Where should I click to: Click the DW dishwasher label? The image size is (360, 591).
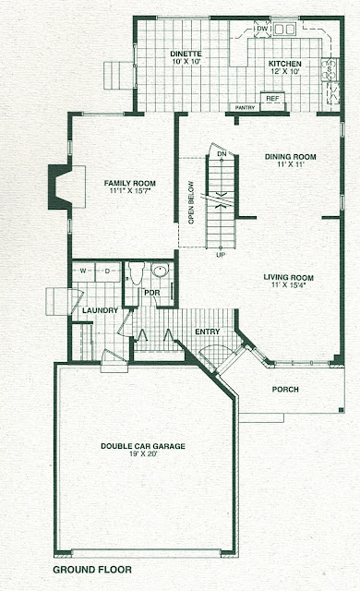[x=262, y=29]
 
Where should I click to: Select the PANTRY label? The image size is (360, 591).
[x=246, y=108]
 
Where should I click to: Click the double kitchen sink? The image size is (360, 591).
[x=284, y=29]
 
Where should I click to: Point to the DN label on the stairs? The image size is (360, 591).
[x=222, y=154]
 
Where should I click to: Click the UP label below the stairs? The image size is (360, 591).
[x=221, y=255]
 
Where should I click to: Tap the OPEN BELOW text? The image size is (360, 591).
[x=191, y=203]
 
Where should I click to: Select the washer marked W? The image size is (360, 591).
[x=83, y=271]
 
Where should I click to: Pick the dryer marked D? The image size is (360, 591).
[x=107, y=271]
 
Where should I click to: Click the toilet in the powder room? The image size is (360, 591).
[x=136, y=273]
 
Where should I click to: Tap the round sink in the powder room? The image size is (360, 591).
[x=161, y=271]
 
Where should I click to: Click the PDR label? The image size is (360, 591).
[x=152, y=293]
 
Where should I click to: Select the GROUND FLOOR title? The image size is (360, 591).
[x=92, y=570]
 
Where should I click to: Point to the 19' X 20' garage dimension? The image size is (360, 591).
[x=143, y=454]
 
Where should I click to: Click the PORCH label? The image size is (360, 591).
[x=285, y=390]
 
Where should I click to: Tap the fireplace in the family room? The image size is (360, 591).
[x=64, y=187]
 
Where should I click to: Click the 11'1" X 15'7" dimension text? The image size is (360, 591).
[x=130, y=191]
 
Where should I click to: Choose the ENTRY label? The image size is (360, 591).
[x=208, y=332]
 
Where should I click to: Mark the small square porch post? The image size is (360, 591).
[x=341, y=410]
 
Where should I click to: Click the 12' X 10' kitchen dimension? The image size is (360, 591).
[x=284, y=71]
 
